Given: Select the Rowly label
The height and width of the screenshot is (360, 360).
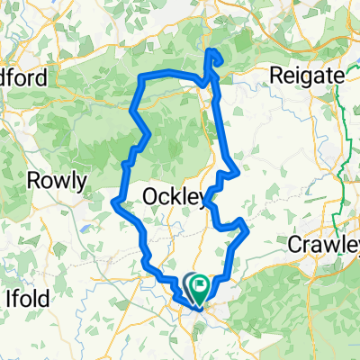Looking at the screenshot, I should (56, 182).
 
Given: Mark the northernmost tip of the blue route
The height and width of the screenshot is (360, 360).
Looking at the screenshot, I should (212, 52).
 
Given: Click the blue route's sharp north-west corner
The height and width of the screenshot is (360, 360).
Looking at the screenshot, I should (140, 79).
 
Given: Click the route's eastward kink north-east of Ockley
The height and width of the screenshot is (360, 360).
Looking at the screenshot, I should (237, 171).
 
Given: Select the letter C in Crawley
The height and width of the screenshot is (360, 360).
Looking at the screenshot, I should (292, 243).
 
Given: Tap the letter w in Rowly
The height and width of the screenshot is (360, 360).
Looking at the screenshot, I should (60, 182).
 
